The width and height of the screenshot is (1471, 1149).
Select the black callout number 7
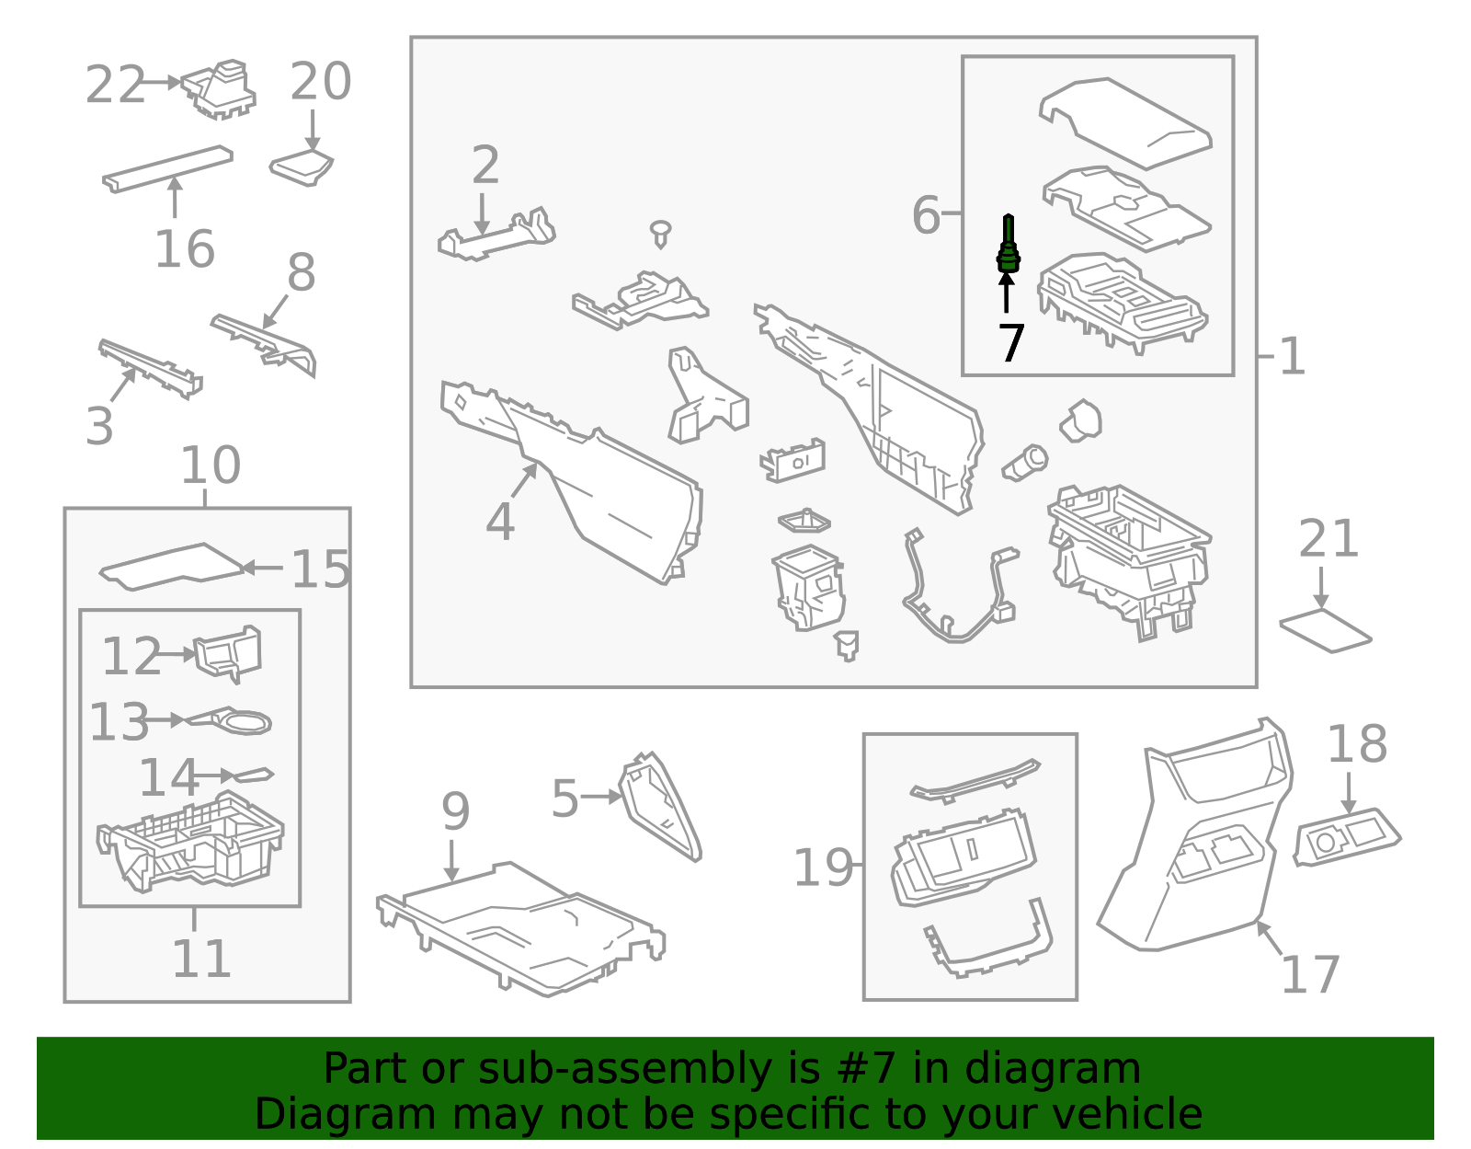click(x=1010, y=343)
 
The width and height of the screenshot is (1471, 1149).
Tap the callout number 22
click(x=115, y=86)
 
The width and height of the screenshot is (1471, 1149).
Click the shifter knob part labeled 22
click(x=221, y=90)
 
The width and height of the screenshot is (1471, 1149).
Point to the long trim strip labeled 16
click(x=167, y=168)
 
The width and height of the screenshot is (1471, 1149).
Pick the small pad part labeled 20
click(x=302, y=167)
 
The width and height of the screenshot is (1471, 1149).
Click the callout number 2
click(x=485, y=166)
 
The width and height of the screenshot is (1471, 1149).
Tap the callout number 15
click(x=320, y=570)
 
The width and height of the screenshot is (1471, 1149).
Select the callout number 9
click(x=455, y=811)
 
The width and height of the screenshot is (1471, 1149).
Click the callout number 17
click(x=1310, y=975)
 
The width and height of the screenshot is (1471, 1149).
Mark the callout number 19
click(x=822, y=867)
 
